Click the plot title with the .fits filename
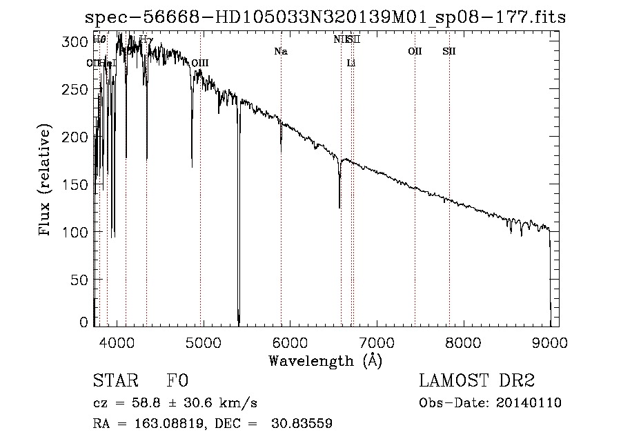click(x=325, y=17)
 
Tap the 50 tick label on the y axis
click(x=81, y=280)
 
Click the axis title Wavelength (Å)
click(x=325, y=360)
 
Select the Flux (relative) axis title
click(x=46, y=181)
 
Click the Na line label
click(x=281, y=52)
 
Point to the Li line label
click(x=351, y=64)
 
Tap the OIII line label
click(x=200, y=64)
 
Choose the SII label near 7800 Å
click(x=449, y=52)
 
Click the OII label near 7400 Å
click(x=415, y=52)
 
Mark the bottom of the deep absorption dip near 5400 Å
click(x=239, y=322)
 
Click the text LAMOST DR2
click(x=477, y=381)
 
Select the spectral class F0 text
click(x=177, y=381)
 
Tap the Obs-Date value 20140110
click(x=530, y=403)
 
